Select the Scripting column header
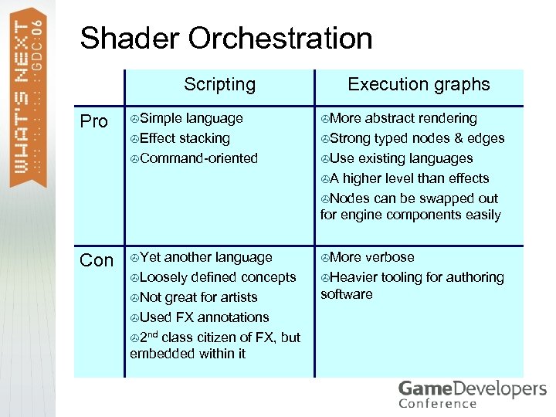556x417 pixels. [219, 84]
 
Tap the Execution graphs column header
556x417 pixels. [419, 84]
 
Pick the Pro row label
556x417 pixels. [94, 122]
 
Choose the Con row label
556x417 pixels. [97, 261]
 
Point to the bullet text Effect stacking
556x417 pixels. [185, 138]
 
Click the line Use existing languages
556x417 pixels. [402, 158]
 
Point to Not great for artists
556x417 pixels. [198, 297]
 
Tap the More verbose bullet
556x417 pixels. [371, 257]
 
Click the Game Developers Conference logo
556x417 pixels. [472, 393]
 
